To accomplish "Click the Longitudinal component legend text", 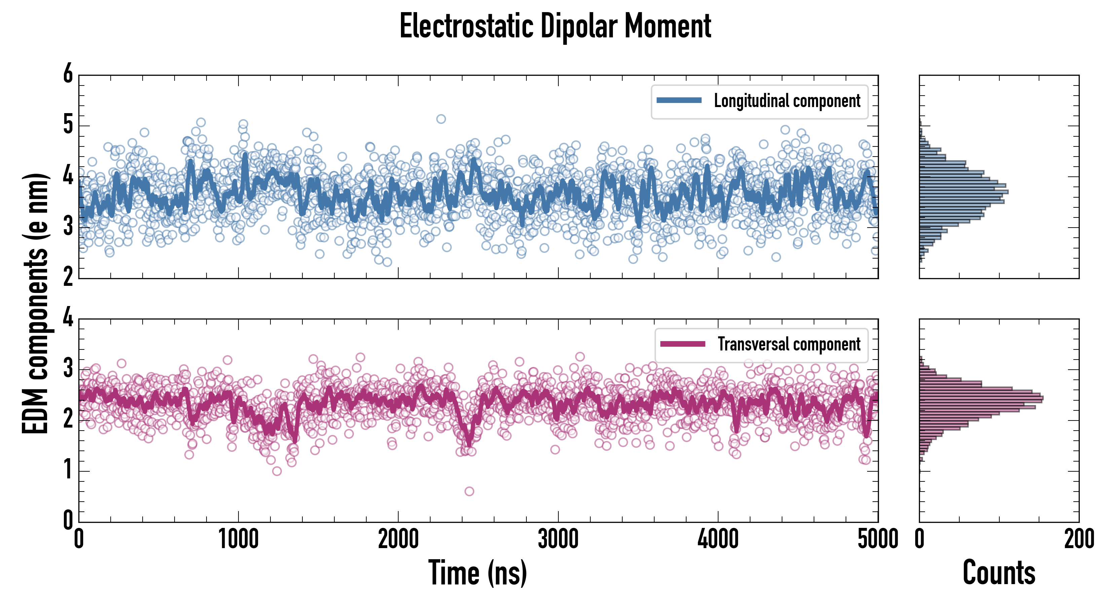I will [787, 101].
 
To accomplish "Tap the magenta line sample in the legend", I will [682, 344].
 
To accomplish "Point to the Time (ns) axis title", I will [477, 572].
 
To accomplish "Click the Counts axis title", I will [999, 572].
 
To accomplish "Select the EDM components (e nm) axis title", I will [35, 304].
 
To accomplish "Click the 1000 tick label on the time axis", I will [238, 539].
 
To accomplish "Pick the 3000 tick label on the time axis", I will [558, 539].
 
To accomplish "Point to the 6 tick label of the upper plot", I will [68, 74].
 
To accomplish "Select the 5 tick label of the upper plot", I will [68, 125].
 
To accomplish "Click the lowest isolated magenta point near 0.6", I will [469, 491].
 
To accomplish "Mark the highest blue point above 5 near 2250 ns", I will [441, 119].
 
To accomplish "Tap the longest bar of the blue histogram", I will [963, 192].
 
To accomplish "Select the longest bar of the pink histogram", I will [981, 398].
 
